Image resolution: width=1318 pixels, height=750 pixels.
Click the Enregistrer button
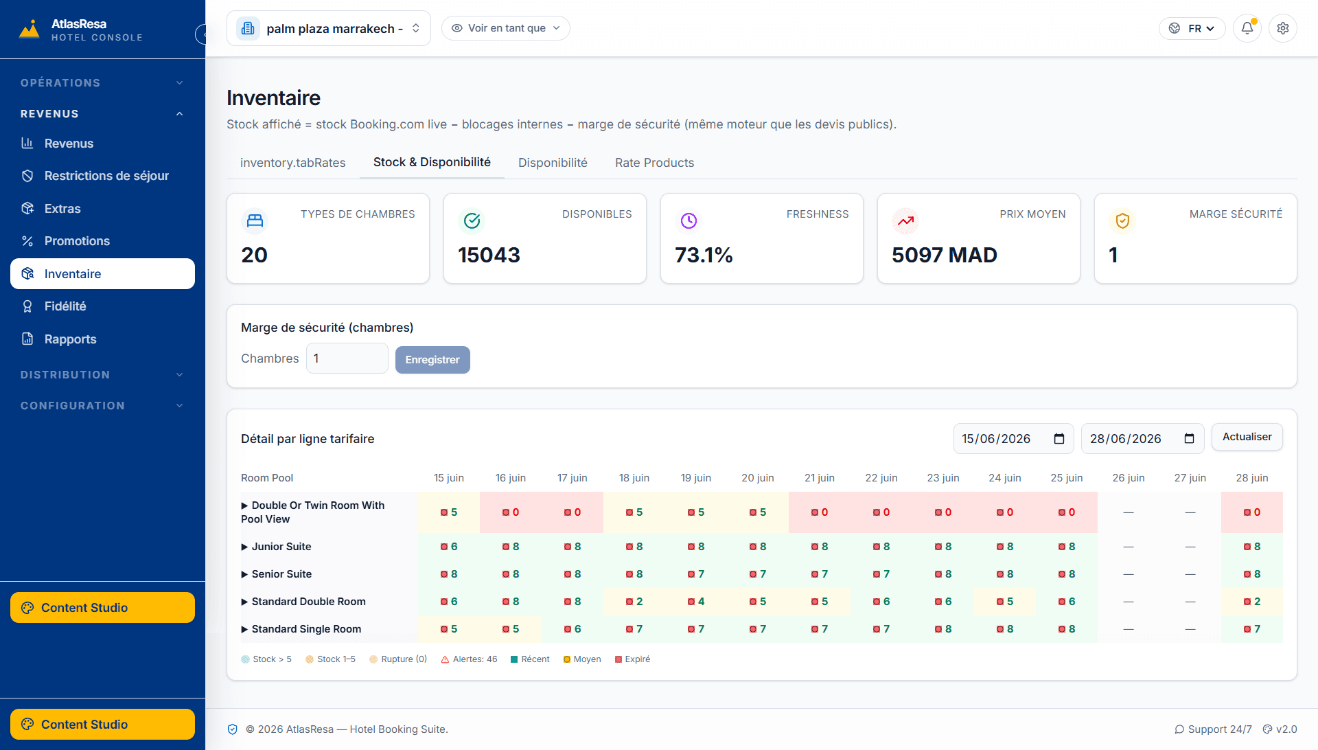pyautogui.click(x=432, y=360)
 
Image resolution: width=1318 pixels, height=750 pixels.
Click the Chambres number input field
pyautogui.click(x=347, y=359)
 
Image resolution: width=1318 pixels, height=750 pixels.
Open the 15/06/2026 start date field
pyautogui.click(x=1013, y=439)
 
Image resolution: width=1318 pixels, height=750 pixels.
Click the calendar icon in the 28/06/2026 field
pyautogui.click(x=1190, y=439)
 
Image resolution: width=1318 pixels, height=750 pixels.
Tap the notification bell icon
pyautogui.click(x=1247, y=28)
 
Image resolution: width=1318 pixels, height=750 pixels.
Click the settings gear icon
pyautogui.click(x=1283, y=28)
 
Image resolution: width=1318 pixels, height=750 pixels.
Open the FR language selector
pyautogui.click(x=1192, y=28)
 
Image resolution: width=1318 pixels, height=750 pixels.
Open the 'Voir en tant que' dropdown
pyautogui.click(x=506, y=28)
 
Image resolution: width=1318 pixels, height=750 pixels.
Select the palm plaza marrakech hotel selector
pyautogui.click(x=329, y=28)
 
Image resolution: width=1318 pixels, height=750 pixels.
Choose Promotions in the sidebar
pyautogui.click(x=77, y=241)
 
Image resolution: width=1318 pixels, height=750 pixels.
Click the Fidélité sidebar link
pyautogui.click(x=65, y=306)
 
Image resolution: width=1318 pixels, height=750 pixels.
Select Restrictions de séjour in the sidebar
pyautogui.click(x=106, y=176)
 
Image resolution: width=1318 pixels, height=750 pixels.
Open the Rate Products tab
pyautogui.click(x=654, y=163)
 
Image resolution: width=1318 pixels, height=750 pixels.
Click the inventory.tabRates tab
pyautogui.click(x=293, y=163)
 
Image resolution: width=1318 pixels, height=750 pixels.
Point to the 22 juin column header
pyautogui.click(x=881, y=478)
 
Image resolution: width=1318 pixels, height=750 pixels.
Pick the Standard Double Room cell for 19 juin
pyautogui.click(x=696, y=602)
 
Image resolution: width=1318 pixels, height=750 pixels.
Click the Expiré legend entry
pyautogui.click(x=632, y=659)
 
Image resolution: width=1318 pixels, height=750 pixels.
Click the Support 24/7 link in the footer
pyautogui.click(x=1213, y=729)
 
